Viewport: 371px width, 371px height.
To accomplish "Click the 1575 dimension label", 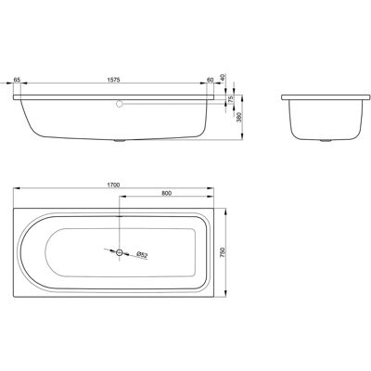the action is pos(113,80).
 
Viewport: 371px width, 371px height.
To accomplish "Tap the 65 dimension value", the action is pos(17,80).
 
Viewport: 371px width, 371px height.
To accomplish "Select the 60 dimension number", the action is pos(211,80).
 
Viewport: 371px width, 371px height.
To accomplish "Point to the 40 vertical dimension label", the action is pos(224,77).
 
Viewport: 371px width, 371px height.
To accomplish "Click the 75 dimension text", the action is pos(230,99).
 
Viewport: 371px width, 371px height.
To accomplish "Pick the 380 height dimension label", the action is pos(238,118).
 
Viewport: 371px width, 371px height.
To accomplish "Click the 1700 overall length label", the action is pos(113,185).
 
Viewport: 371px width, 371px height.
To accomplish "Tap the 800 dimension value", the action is pos(166,193).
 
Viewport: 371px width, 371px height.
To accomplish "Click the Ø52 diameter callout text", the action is pos(143,255).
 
